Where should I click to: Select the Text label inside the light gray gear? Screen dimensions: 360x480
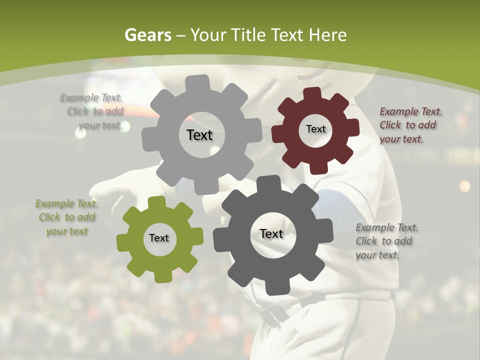coord(200,135)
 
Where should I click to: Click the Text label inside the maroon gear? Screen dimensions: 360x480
coord(315,129)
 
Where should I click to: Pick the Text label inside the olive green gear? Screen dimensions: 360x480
coord(159,238)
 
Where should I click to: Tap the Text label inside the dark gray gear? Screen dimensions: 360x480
coord(271,233)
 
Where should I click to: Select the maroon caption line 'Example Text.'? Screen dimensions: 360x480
coord(411,111)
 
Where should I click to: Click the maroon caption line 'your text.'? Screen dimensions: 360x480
coord(401,139)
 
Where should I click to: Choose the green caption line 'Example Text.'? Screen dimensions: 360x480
coord(67,203)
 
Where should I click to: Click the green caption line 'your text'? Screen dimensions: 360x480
coord(67,231)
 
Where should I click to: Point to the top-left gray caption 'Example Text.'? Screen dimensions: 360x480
coord(91,97)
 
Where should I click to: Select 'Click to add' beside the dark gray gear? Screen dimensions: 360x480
coord(384,241)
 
